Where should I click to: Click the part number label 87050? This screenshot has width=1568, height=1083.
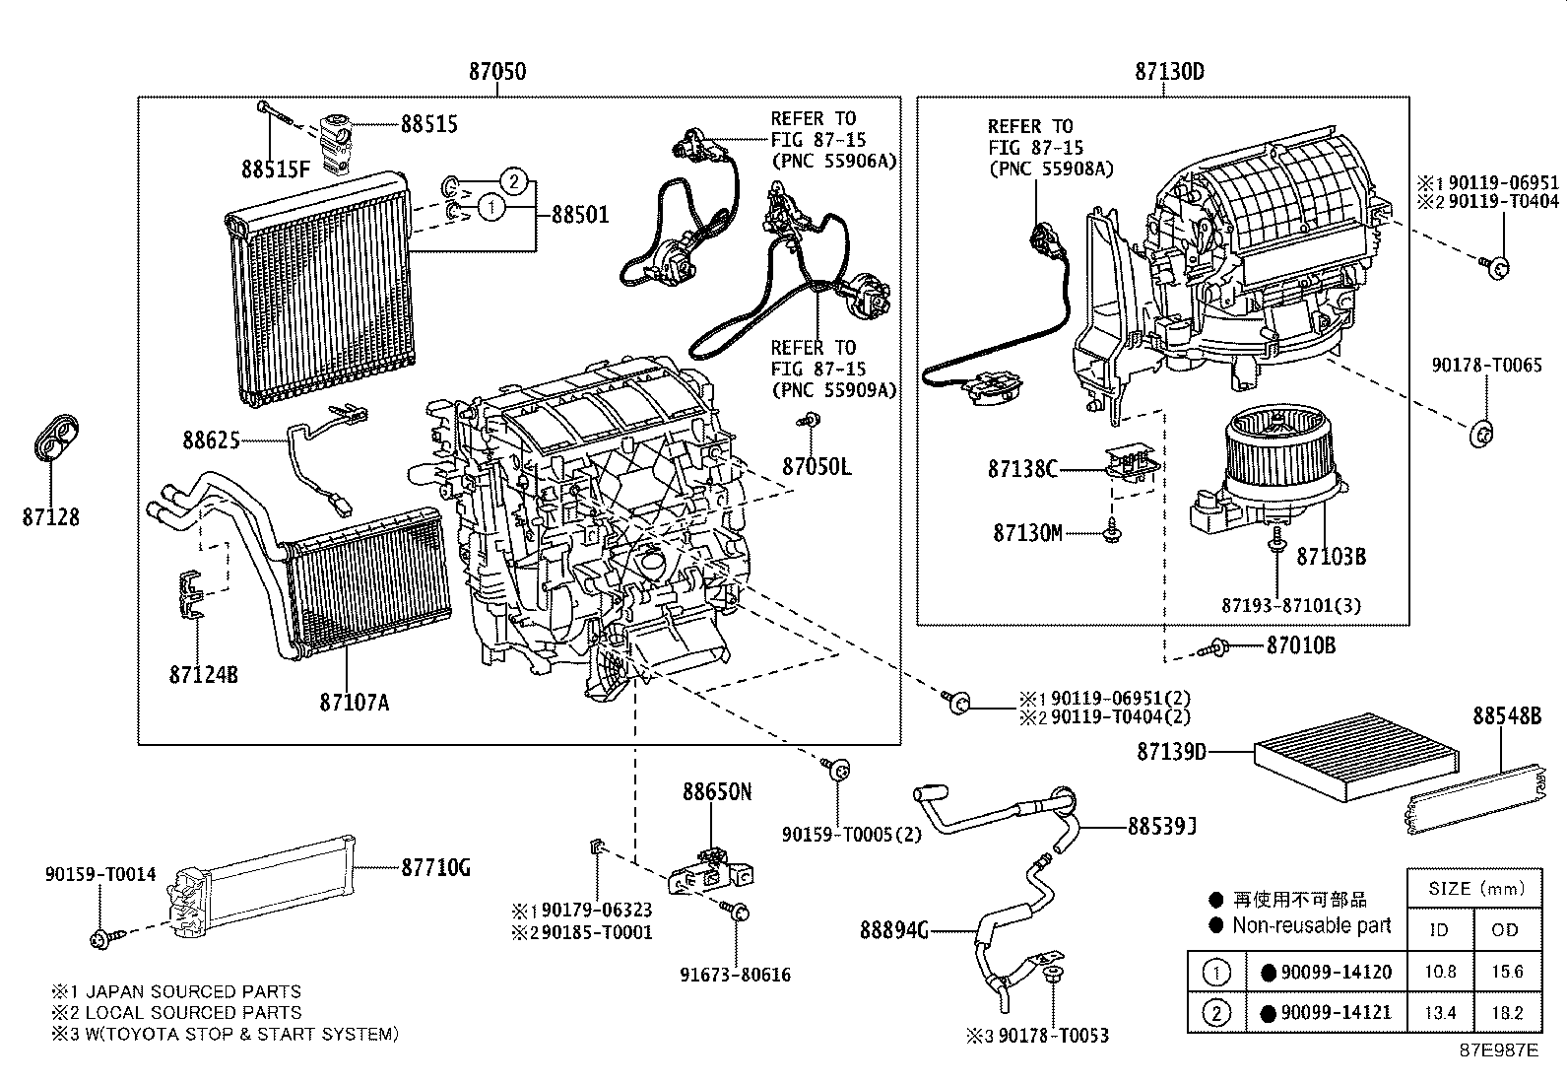[x=496, y=72]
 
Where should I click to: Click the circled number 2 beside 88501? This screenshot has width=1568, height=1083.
[x=511, y=181]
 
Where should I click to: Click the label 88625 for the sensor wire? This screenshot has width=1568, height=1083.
[x=211, y=440]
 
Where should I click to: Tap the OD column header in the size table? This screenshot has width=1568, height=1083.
[x=1505, y=930]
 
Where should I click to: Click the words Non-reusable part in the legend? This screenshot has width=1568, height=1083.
[x=1311, y=925]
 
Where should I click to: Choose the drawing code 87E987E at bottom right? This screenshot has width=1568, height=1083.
[x=1497, y=1050]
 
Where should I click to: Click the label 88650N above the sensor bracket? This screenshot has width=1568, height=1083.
[x=717, y=792]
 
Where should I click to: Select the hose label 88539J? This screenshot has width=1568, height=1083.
[x=1162, y=826]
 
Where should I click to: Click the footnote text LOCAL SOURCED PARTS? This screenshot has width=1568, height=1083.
[x=193, y=1013]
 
